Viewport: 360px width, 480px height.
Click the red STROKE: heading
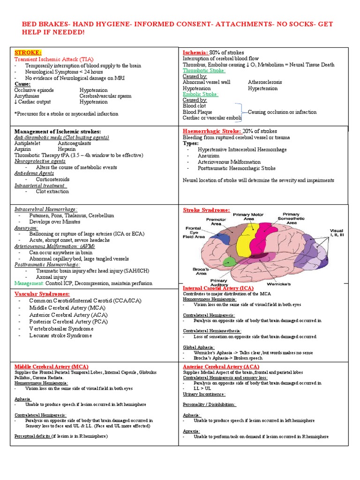(28, 52)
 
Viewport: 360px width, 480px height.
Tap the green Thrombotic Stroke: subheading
(204, 70)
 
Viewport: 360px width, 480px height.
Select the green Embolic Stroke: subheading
(200, 94)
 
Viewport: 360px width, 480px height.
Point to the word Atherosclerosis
(265, 82)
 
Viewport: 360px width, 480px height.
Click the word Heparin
(67, 149)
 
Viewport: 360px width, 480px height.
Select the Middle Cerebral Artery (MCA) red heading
(52, 367)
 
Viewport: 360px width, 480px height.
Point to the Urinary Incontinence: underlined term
(204, 394)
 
